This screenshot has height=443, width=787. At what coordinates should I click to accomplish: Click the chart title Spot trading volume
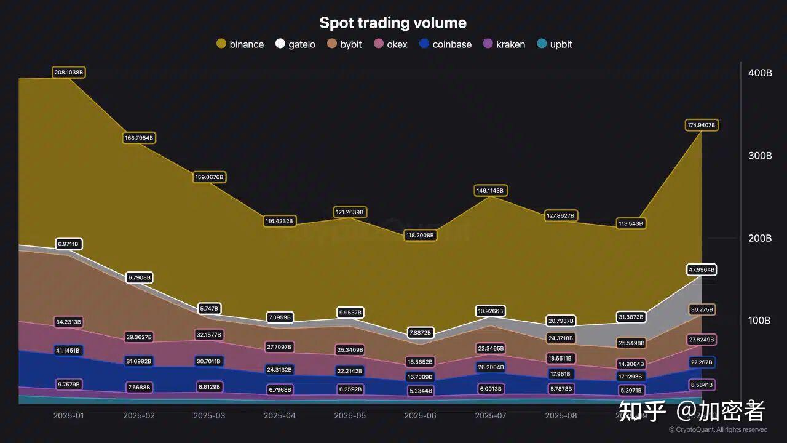click(x=393, y=23)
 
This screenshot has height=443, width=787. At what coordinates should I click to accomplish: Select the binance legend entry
click(x=240, y=44)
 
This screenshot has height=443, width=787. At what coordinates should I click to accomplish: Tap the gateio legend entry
click(x=296, y=44)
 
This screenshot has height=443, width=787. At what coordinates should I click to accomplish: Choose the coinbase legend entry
click(x=446, y=44)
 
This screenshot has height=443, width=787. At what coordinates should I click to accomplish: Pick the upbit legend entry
click(x=555, y=44)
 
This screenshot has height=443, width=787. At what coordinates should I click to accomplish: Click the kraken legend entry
click(x=504, y=44)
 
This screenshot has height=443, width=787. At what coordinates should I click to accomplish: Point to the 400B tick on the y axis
click(x=760, y=73)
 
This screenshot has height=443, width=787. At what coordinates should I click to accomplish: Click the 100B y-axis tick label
click(x=760, y=321)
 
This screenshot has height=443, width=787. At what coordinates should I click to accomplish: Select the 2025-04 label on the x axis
click(x=280, y=415)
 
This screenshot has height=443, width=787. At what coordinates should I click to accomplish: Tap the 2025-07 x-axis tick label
click(x=491, y=415)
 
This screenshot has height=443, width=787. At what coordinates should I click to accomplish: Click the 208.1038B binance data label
click(x=69, y=73)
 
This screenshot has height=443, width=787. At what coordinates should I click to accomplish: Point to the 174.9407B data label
click(x=702, y=125)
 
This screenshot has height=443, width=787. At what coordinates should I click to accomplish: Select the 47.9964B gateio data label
click(x=702, y=269)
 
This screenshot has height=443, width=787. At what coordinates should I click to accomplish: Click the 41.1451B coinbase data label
click(x=69, y=350)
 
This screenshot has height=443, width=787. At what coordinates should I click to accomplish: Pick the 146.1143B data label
click(x=490, y=191)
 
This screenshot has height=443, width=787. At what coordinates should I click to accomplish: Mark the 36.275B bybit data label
click(x=702, y=309)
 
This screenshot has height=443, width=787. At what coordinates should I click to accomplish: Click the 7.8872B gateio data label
click(x=420, y=333)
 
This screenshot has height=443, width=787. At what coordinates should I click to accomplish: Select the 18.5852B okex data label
click(x=420, y=362)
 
